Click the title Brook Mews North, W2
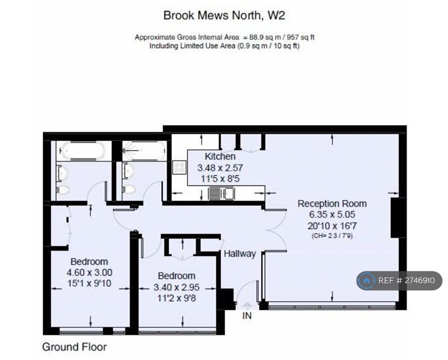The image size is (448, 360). (224, 15)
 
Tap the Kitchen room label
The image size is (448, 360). (220, 156)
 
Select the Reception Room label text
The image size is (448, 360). (332, 203)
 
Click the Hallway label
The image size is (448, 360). (240, 254)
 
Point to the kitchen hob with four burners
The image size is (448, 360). (179, 167)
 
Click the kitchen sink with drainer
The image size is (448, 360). (222, 193)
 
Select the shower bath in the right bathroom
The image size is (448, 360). (144, 150)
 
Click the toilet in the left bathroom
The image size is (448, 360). (63, 189)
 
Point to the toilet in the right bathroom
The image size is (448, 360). (129, 189)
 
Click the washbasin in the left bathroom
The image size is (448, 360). (63, 173)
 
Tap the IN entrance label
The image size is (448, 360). (247, 316)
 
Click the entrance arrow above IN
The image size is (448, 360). (247, 306)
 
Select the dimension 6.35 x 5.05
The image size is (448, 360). (332, 214)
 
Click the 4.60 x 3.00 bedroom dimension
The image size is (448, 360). (90, 272)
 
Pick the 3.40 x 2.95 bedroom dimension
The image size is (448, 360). (177, 287)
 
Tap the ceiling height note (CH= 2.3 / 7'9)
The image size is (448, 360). (332, 236)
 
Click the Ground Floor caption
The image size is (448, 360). (75, 347)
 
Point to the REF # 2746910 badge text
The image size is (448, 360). (407, 280)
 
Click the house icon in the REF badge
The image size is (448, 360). (366, 281)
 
